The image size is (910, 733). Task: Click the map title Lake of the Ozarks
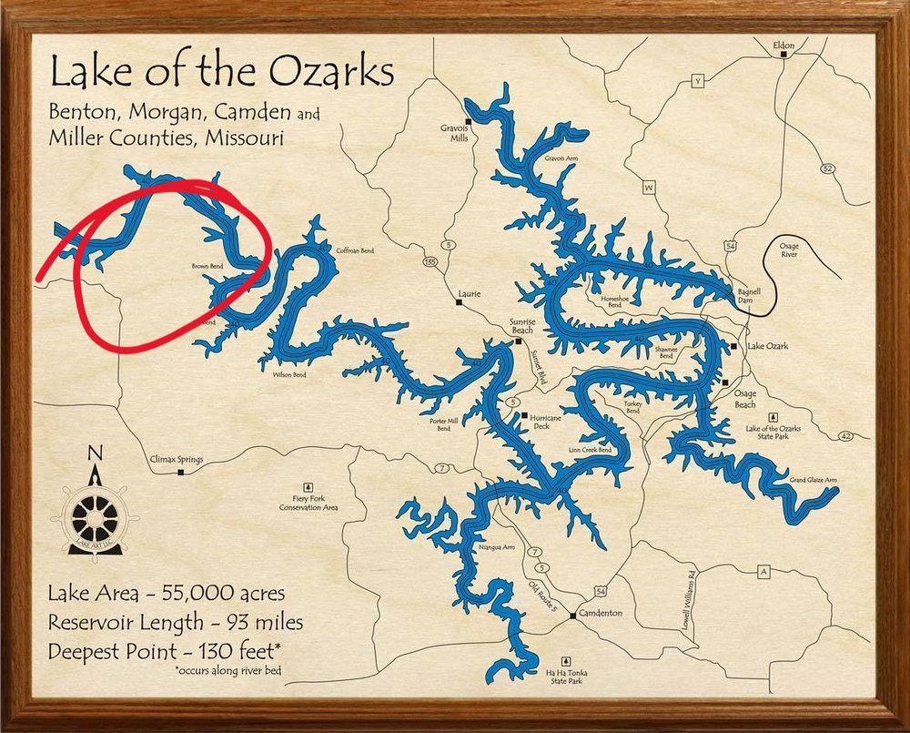click(x=222, y=72)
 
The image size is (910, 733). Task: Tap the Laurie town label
click(x=470, y=293)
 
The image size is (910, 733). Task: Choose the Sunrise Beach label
click(x=522, y=325)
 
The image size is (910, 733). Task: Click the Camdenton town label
click(x=602, y=613)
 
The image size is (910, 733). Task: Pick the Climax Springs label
click(x=176, y=460)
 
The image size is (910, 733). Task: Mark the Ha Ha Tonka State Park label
click(x=566, y=677)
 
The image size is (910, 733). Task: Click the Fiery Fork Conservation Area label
click(x=308, y=502)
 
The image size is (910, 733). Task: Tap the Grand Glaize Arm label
click(x=813, y=479)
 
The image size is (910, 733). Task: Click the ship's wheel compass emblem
click(x=96, y=516)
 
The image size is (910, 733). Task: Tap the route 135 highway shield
click(x=430, y=262)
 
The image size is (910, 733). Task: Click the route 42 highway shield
click(x=846, y=436)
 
